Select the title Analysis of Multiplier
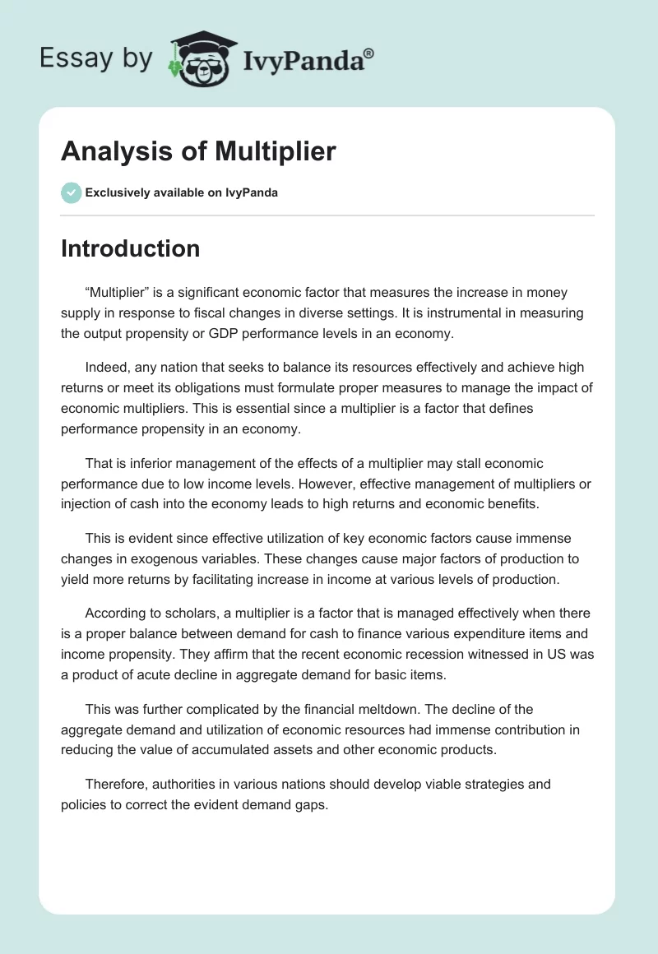pos(198,152)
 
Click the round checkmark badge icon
pos(71,192)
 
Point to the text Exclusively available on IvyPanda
pos(182,193)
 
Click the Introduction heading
pos(130,248)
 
